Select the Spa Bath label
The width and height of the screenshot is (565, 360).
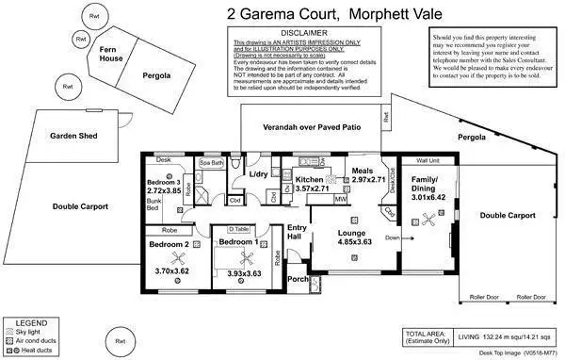click(212, 163)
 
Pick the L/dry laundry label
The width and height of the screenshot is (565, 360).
click(259, 175)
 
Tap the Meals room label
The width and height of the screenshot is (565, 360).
click(363, 171)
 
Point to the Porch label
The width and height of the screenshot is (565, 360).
click(298, 279)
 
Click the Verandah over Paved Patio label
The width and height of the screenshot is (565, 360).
click(312, 126)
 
